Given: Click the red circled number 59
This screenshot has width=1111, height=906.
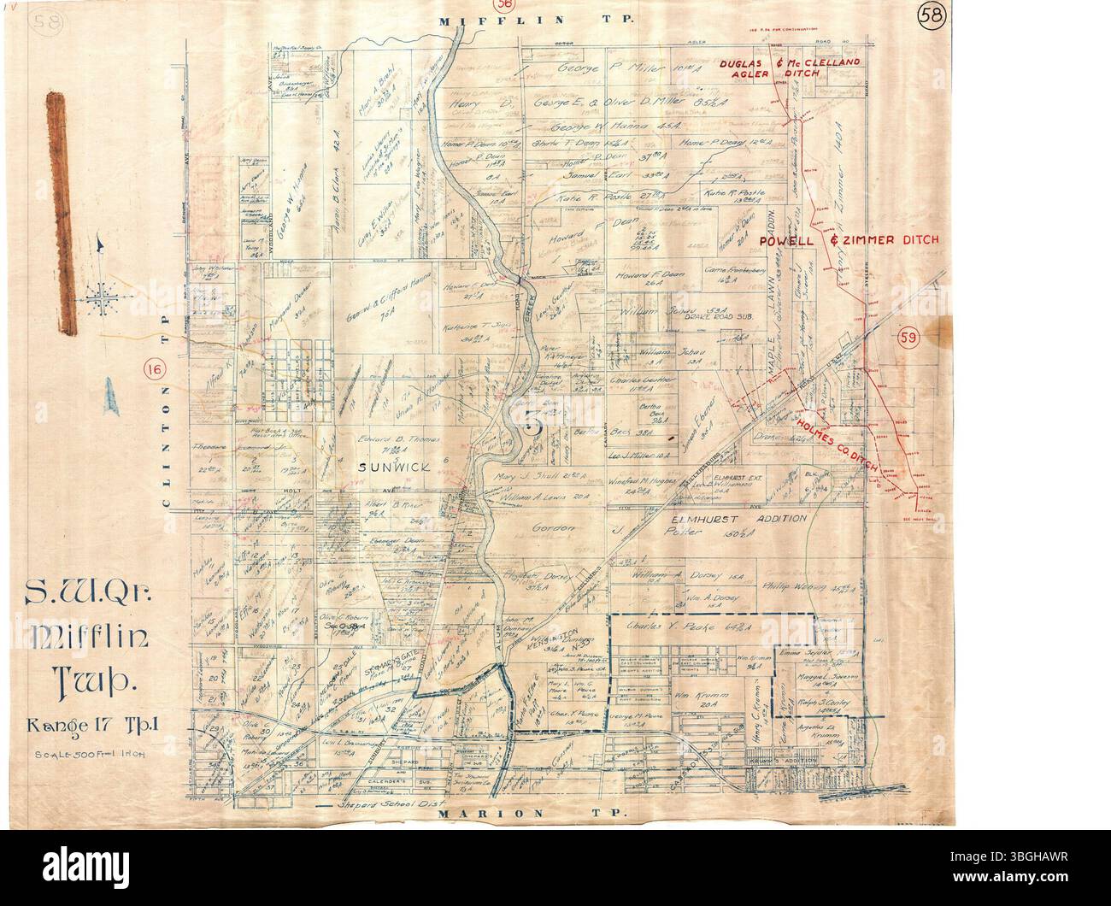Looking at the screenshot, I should pos(908,338).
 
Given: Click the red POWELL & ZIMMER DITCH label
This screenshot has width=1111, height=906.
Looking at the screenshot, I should pos(851,241).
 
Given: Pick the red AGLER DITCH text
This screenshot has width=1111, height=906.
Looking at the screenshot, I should pos(769,74).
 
